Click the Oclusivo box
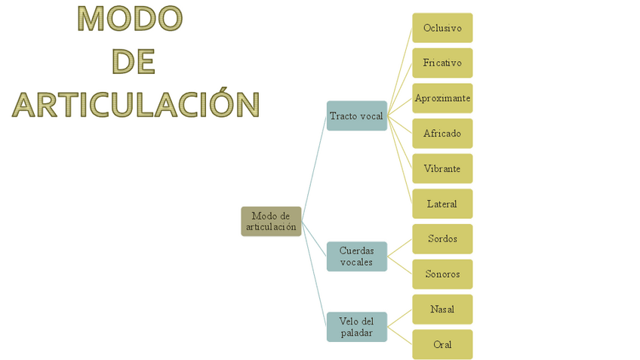tap(442, 28)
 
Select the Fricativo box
tap(442, 63)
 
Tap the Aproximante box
tap(442, 98)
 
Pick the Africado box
tap(442, 134)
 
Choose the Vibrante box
tap(442, 168)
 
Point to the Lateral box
tap(442, 204)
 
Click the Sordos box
tap(442, 238)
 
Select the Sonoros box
tap(442, 274)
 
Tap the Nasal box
tap(442, 309)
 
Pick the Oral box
tap(442, 344)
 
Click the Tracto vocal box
tap(356, 115)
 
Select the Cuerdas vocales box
tap(356, 257)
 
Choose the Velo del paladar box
tap(356, 327)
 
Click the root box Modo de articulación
tap(271, 221)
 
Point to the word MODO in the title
tap(130, 20)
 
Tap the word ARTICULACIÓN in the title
tap(136, 104)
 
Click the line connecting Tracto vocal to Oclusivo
tap(400, 71)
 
